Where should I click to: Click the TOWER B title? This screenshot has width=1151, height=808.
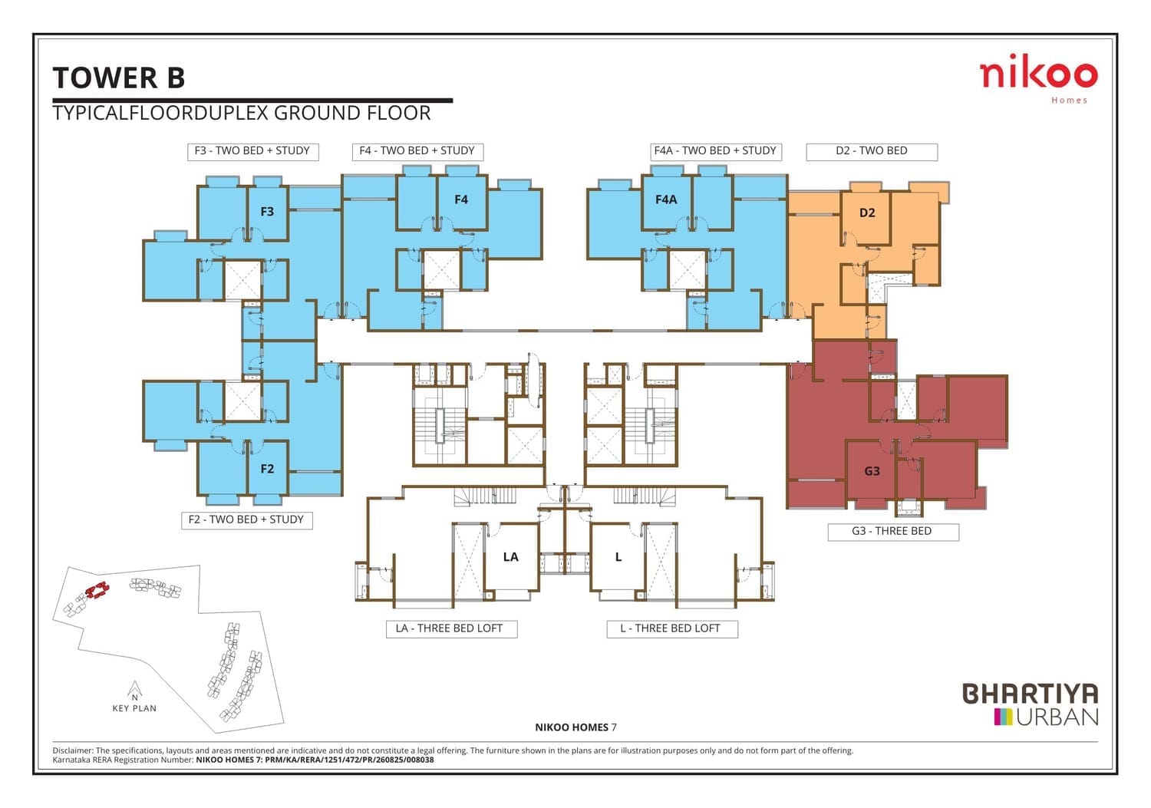click(x=119, y=78)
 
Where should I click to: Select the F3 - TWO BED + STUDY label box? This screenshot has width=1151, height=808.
click(x=252, y=152)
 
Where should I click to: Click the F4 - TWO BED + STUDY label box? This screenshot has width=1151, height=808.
click(x=417, y=152)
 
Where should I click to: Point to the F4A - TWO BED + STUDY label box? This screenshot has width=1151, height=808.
click(x=715, y=152)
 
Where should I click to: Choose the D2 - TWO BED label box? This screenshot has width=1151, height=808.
click(x=872, y=152)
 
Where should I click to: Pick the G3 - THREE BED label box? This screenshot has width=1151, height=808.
click(x=893, y=532)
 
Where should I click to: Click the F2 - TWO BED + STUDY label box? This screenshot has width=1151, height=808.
click(x=246, y=520)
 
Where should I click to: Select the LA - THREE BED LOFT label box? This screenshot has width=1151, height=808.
click(x=452, y=629)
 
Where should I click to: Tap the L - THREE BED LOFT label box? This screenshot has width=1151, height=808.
click(x=672, y=629)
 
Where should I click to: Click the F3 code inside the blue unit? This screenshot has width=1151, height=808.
click(x=267, y=211)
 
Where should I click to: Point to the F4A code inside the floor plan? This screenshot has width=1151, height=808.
click(x=666, y=200)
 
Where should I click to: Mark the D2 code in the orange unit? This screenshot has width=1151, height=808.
click(x=867, y=213)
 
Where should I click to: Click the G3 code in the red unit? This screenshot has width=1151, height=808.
click(x=872, y=471)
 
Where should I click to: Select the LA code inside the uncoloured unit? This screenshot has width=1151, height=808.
click(x=511, y=557)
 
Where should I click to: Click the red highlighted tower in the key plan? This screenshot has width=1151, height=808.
click(x=97, y=590)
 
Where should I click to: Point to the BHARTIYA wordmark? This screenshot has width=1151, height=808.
click(x=1030, y=694)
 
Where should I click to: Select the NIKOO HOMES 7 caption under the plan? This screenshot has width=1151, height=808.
click(x=575, y=727)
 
